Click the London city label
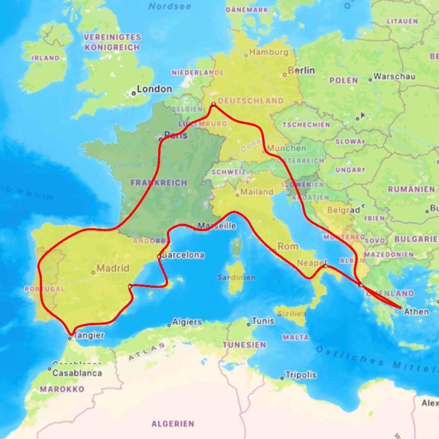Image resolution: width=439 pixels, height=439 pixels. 154,89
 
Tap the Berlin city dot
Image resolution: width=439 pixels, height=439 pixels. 284,75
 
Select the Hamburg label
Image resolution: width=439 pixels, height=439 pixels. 269,52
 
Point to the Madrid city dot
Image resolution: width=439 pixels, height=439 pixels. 93,273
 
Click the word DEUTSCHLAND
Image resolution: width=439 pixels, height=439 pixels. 251,101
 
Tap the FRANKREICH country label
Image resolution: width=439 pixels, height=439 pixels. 159,183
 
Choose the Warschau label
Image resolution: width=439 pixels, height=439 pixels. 394,76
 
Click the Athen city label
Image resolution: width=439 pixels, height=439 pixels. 416,312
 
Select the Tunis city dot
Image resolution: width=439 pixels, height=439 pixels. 248,324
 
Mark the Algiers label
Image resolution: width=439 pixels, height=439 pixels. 187,322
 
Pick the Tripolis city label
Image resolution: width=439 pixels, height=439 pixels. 301,375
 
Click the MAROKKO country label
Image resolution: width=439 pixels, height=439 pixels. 62,389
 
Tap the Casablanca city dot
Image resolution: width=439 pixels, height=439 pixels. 49,369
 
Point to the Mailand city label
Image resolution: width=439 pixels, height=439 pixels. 257,192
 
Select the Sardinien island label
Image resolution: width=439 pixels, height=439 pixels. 236,277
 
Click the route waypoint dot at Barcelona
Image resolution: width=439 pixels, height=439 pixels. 159,257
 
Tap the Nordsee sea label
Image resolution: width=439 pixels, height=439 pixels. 170,6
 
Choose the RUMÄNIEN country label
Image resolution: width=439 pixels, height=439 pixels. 411,189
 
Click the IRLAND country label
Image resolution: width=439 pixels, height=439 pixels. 45,58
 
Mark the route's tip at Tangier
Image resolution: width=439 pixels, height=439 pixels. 71,334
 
